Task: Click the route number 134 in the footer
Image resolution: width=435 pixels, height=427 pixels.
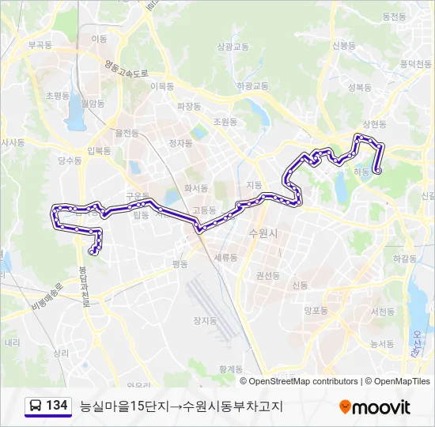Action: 56,406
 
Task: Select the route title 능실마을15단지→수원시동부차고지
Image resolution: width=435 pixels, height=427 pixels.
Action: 180,406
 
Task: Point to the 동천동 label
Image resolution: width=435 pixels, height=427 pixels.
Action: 393,16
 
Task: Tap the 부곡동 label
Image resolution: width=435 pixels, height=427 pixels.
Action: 40,46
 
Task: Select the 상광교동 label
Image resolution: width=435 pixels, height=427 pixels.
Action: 233,47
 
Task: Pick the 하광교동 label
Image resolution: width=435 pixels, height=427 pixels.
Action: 252,85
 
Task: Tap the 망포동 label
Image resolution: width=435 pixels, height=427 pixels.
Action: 316,311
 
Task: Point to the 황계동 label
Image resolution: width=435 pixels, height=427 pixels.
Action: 233,368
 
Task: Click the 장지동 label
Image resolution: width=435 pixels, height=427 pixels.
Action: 204,320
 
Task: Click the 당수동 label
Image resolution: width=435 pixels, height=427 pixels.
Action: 70,161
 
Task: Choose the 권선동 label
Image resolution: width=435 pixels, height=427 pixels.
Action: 267,275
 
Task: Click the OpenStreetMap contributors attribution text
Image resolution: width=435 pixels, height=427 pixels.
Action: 304,381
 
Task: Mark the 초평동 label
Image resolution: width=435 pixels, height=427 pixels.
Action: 59,95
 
